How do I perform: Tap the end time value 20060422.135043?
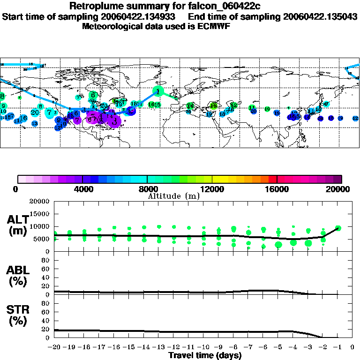pyautogui.click(x=319, y=16)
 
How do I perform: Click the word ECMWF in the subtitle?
pyautogui.click(x=215, y=26)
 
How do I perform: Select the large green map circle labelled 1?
pyautogui.click(x=159, y=91)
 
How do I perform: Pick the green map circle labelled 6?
pyautogui.click(x=93, y=95)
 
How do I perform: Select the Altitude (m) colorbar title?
pyautogui.click(x=173, y=196)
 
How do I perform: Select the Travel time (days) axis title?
pyautogui.click(x=205, y=356)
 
